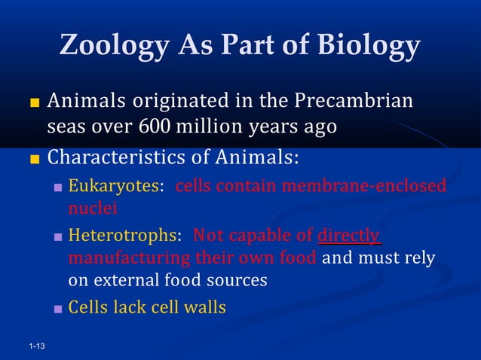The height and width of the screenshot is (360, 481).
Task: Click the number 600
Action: tap(155, 127)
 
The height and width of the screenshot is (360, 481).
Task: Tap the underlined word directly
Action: tap(349, 236)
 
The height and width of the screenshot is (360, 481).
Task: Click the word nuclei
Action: tap(89, 208)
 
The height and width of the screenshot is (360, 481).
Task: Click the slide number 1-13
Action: tap(35, 346)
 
